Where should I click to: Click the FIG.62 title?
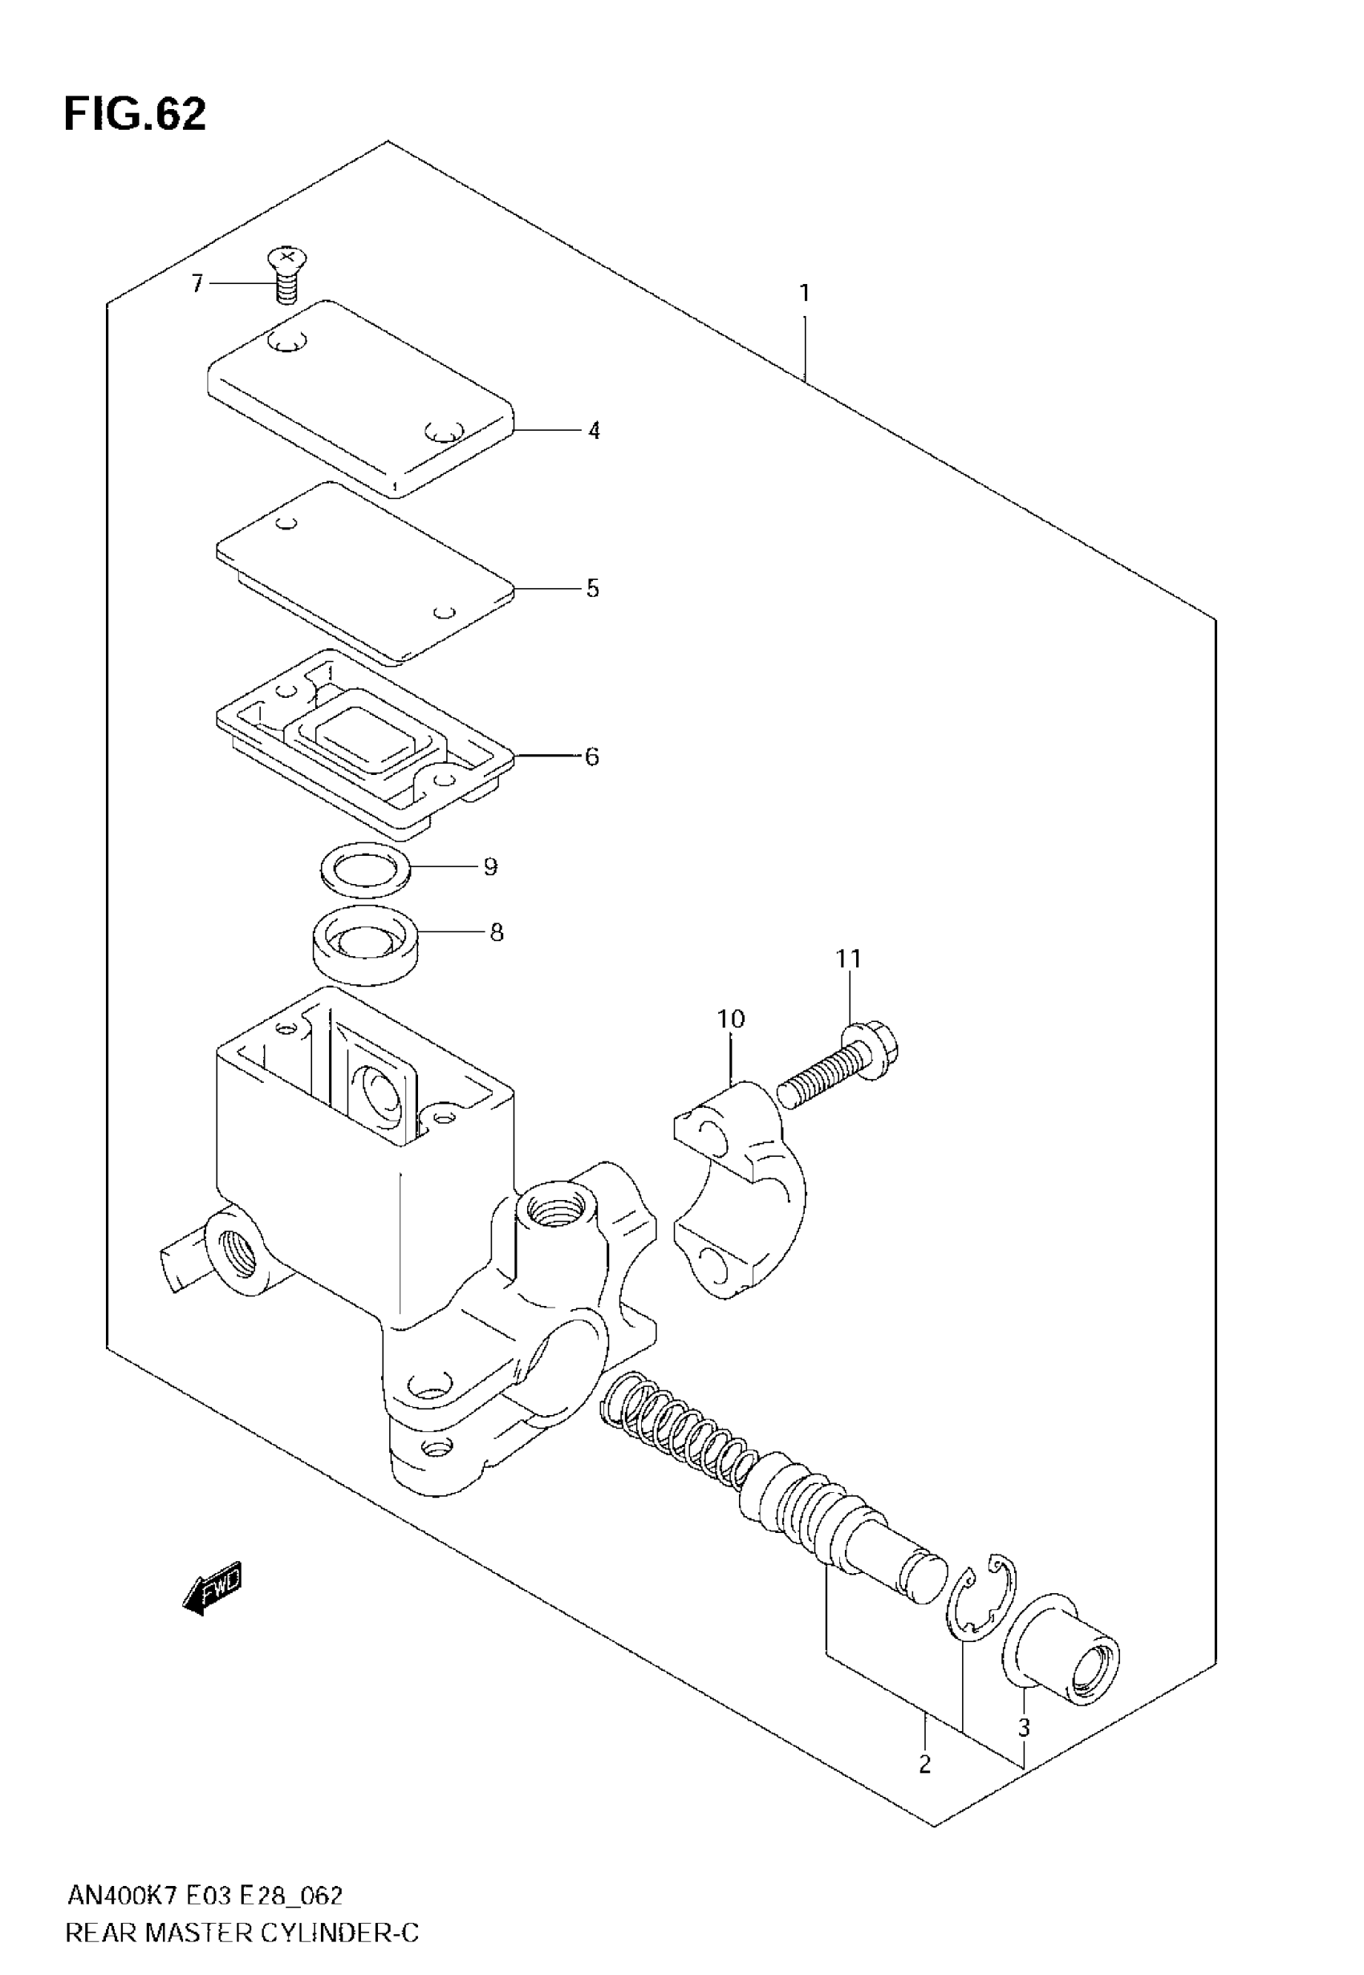135,114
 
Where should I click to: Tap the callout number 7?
197,282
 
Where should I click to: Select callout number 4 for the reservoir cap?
594,431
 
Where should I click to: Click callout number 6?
591,756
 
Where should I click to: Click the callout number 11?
849,959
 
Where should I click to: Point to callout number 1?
803,294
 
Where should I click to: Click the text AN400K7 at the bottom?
121,1896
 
